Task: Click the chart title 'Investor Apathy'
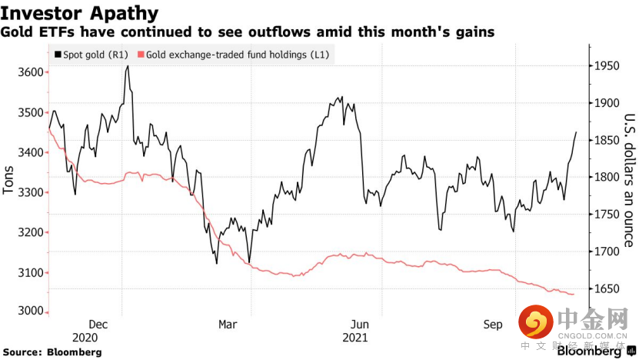pos(80,13)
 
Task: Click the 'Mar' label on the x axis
pos(228,325)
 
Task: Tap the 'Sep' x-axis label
pos(493,325)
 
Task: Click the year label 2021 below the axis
pos(355,337)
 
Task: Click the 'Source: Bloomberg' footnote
pos(52,352)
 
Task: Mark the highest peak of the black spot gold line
pos(127,66)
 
